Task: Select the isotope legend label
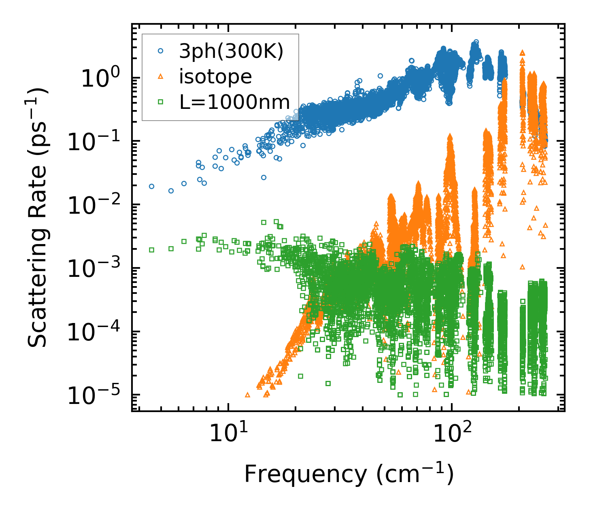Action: [215, 76]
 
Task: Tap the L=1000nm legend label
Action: [235, 102]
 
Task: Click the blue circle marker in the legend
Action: [161, 51]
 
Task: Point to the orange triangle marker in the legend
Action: [161, 76]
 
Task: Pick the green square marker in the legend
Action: [161, 102]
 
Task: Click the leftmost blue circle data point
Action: [151, 186]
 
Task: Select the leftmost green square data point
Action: [151, 250]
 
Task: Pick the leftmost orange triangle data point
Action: [248, 395]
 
